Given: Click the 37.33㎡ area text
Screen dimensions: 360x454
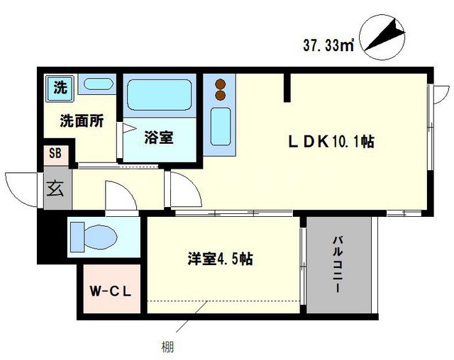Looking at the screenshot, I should point(329,46).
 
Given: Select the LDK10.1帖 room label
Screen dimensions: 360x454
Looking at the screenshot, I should point(331,142).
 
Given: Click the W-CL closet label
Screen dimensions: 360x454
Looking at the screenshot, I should point(108,291).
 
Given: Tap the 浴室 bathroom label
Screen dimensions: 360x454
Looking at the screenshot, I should point(158,137).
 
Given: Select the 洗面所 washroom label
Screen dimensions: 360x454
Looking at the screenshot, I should point(81,120).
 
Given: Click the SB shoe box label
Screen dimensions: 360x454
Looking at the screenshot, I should point(55,154).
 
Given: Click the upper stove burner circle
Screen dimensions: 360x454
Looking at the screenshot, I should point(220,83).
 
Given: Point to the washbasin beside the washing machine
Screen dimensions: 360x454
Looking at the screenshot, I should point(95,85).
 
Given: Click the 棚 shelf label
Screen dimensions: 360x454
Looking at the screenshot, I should point(164,347).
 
